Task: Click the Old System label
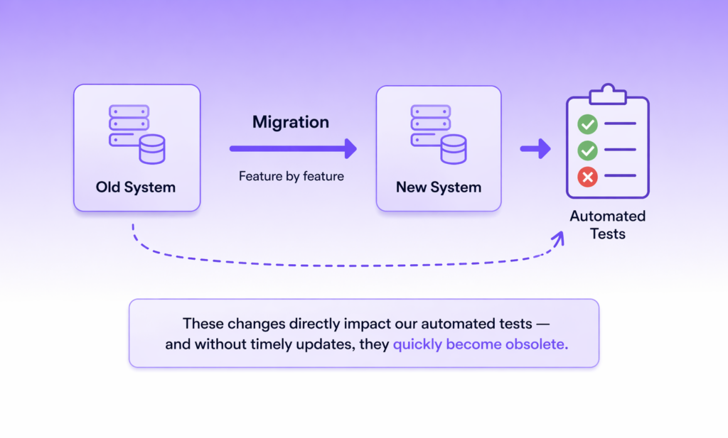point(136,188)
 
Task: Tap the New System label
point(439,188)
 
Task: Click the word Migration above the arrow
point(291,122)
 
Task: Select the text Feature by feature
point(291,176)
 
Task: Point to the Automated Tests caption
point(607,224)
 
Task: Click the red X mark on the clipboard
point(587,177)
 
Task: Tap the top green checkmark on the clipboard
point(587,125)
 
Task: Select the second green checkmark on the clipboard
point(587,150)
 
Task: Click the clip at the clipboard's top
point(606,93)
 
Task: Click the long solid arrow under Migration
point(292,148)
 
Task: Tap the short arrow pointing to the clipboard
point(535,149)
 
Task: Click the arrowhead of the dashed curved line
point(558,238)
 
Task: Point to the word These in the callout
point(203,324)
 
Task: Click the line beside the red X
point(620,176)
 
